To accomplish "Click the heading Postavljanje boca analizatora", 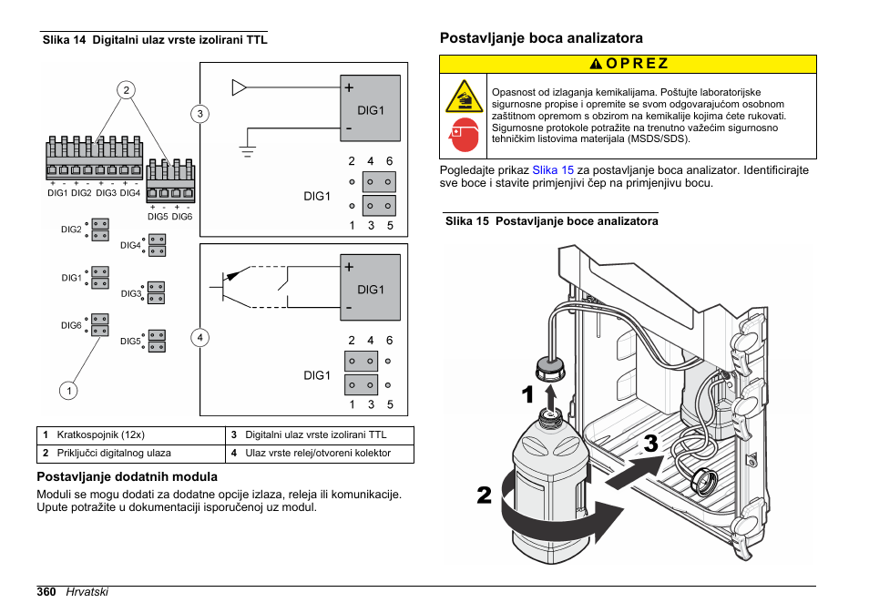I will point(541,38).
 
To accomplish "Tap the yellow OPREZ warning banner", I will point(628,64).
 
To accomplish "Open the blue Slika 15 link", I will point(553,170).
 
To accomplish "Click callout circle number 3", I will point(199,114).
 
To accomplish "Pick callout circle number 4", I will point(199,338).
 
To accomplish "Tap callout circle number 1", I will point(67,391).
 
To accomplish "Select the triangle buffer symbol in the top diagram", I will point(240,87).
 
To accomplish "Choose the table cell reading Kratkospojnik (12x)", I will point(101,435).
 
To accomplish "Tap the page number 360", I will point(47,591).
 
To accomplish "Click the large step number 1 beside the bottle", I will point(527,395).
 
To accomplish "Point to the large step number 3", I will point(650,445).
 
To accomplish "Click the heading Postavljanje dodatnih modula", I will point(127,476).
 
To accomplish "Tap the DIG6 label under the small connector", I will point(182,217).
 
